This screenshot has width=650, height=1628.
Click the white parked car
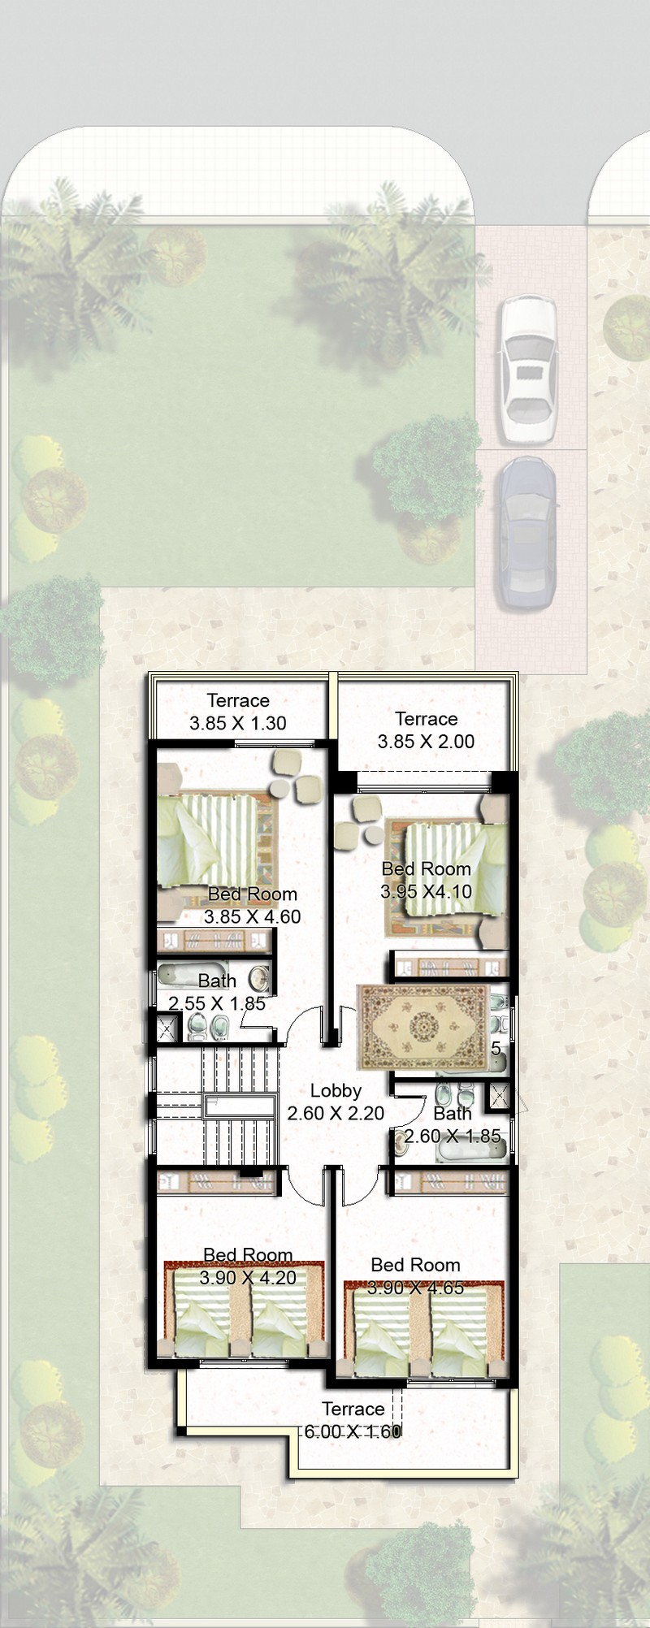click(528, 370)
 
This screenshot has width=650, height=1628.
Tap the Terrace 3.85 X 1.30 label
click(238, 712)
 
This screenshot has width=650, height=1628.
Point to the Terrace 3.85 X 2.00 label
click(426, 730)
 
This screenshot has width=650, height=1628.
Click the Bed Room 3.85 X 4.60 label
click(252, 905)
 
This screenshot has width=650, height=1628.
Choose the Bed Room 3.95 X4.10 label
click(426, 880)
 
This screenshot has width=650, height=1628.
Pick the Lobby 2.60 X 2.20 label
click(336, 1102)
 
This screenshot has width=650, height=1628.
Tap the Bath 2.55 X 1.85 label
click(217, 992)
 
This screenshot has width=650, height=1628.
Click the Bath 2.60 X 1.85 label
click(453, 1124)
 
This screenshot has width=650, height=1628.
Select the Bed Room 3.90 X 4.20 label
click(248, 1266)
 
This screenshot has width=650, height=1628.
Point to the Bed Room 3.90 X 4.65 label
click(415, 1275)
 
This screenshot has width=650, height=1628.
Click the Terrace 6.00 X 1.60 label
click(353, 1420)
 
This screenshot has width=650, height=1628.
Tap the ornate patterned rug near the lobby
click(424, 1027)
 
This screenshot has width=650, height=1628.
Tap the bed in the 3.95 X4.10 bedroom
click(447, 868)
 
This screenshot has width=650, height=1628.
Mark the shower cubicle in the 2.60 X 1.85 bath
click(498, 1097)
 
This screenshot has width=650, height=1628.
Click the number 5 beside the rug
click(496, 1048)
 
